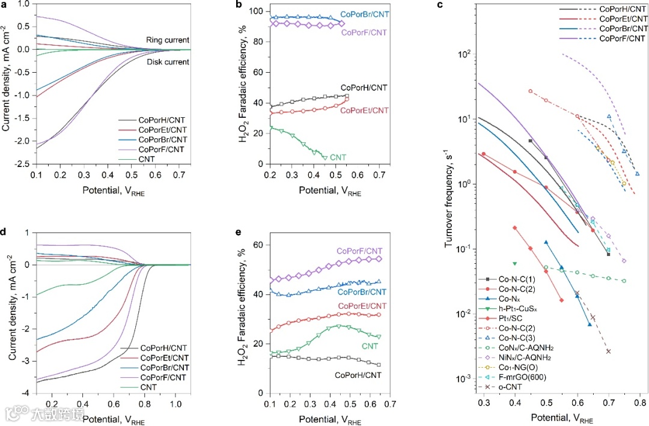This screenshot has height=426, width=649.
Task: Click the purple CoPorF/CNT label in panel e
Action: [x=359, y=251]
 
